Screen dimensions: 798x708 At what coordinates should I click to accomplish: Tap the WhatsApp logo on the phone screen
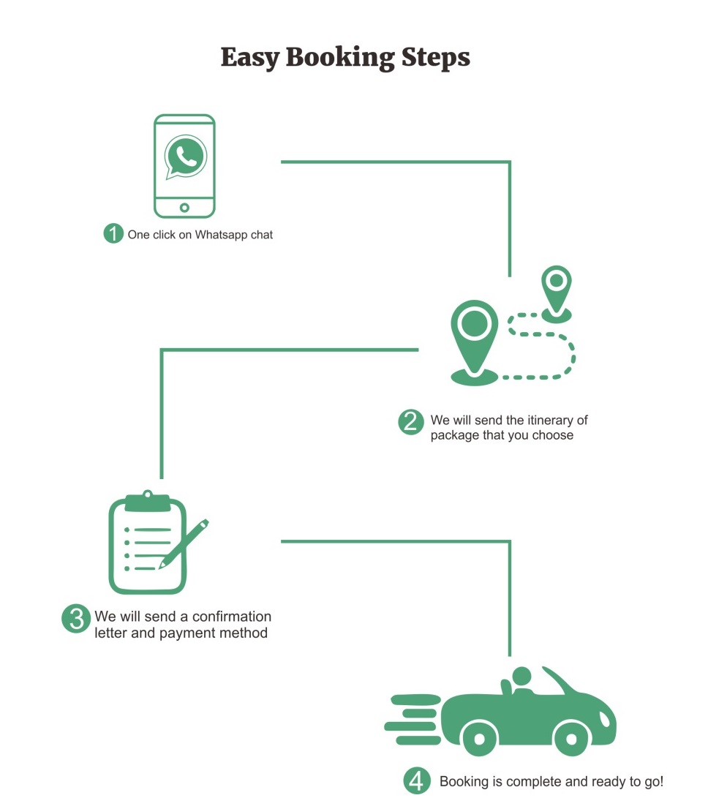tap(185, 157)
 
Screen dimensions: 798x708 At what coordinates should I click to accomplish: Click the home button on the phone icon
tap(184, 208)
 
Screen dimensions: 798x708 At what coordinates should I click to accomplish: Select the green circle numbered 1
tap(113, 234)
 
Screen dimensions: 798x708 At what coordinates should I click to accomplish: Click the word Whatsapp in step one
tap(222, 235)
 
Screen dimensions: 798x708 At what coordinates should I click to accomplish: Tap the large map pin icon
tap(475, 333)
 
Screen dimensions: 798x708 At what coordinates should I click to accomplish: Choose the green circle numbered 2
tap(411, 421)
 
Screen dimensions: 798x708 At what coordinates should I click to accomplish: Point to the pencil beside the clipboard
tap(184, 543)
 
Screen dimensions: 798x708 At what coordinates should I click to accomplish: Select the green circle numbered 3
tap(76, 618)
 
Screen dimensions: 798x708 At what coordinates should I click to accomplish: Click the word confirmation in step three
tap(232, 617)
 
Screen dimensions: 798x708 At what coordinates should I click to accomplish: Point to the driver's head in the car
tap(521, 675)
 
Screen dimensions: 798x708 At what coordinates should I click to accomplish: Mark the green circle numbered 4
tap(415, 780)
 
